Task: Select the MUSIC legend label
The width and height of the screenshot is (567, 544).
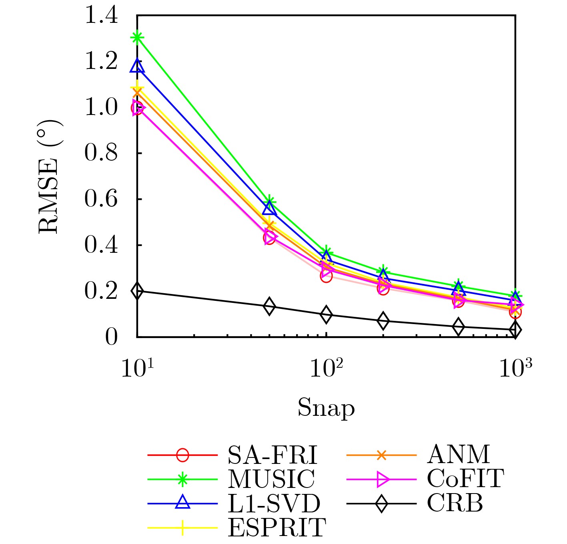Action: pyautogui.click(x=271, y=479)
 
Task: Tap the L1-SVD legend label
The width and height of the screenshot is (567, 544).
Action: pyautogui.click(x=274, y=504)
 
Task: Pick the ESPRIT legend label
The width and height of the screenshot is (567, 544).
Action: pyautogui.click(x=277, y=528)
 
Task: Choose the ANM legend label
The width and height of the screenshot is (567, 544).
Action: pyautogui.click(x=458, y=455)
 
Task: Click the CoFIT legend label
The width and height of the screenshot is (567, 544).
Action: pyautogui.click(x=465, y=479)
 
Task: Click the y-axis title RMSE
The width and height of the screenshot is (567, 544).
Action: pyautogui.click(x=49, y=176)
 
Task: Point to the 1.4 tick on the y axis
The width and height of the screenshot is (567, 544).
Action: pyautogui.click(x=101, y=16)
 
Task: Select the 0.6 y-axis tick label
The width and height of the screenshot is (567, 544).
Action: pyautogui.click(x=101, y=199)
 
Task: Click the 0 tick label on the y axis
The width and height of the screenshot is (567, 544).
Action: pyautogui.click(x=111, y=337)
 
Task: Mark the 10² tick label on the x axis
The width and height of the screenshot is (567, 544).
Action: pyautogui.click(x=327, y=369)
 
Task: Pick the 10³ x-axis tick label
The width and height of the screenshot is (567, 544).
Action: pyautogui.click(x=515, y=369)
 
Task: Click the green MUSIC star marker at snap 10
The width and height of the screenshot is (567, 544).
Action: pyautogui.click(x=137, y=38)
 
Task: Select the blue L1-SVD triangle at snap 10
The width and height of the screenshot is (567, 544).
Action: pyautogui.click(x=137, y=66)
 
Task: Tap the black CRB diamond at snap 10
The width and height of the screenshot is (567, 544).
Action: pyautogui.click(x=137, y=291)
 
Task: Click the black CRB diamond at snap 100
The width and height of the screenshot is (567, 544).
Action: pyautogui.click(x=326, y=315)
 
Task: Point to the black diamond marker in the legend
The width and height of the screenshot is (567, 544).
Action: pyautogui.click(x=382, y=504)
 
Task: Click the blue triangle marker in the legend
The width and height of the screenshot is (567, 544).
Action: pyautogui.click(x=182, y=502)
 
